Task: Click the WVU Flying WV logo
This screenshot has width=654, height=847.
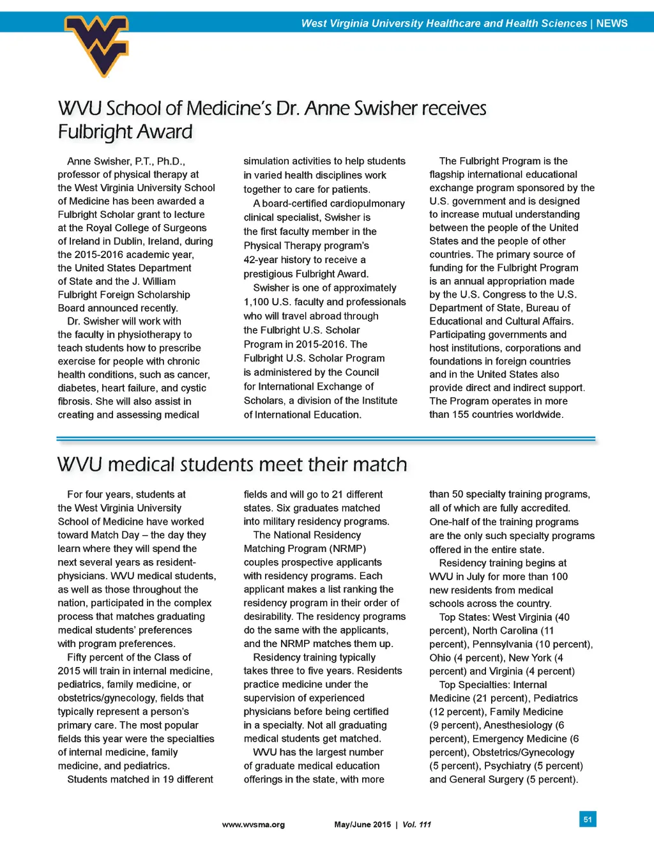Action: [x=97, y=45]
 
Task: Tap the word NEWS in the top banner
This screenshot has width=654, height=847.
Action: [x=612, y=23]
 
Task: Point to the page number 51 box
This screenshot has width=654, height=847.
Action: [x=588, y=819]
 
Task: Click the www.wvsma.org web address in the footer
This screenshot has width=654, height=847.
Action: [x=253, y=825]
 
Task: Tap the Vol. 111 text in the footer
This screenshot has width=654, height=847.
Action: [x=416, y=825]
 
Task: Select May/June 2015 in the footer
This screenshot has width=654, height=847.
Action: [x=362, y=825]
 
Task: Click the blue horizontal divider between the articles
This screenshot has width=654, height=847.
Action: [x=326, y=439]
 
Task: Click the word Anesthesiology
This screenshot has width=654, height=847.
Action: [x=518, y=725]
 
